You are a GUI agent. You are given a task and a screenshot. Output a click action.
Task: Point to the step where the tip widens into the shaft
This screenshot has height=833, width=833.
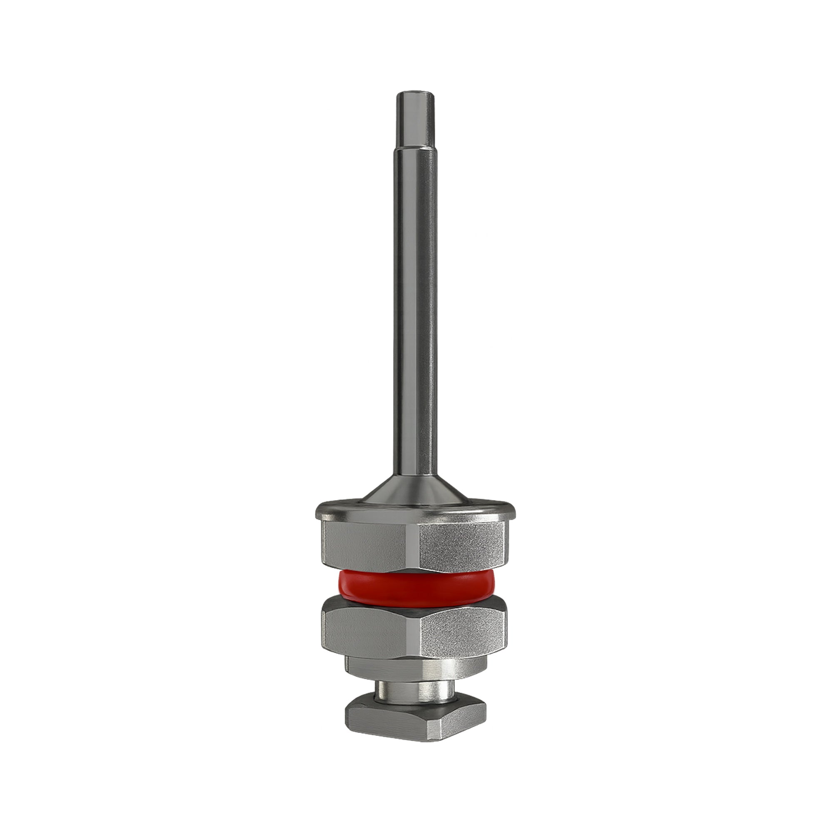[415, 148]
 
